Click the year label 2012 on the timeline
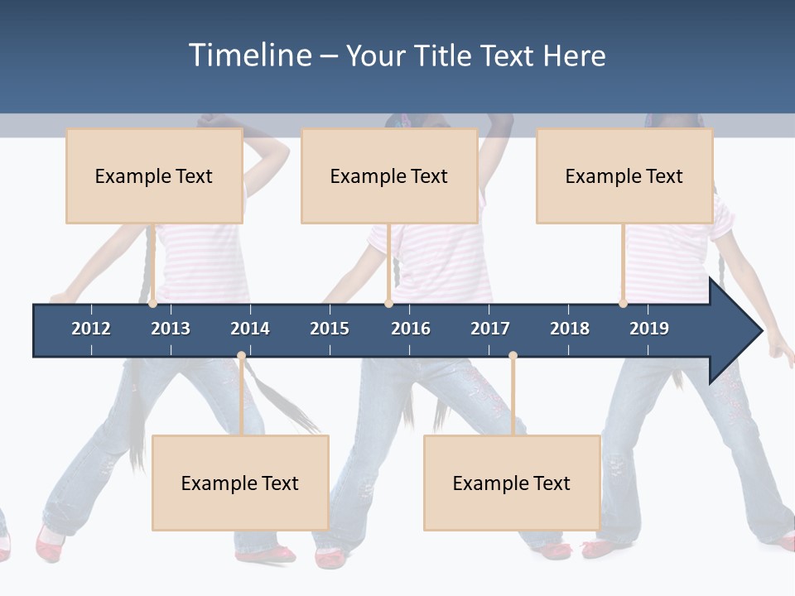[91, 329]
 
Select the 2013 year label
[171, 329]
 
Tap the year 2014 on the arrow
[250, 329]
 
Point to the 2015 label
[330, 329]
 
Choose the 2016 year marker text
[411, 329]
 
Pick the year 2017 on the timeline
[490, 329]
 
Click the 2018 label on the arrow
[570, 329]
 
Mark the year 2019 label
[649, 329]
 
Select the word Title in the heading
[445, 55]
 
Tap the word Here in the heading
[574, 55]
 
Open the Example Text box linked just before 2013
[154, 175]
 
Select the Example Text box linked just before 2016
[389, 175]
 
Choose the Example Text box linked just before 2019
[624, 175]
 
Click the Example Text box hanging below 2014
[240, 483]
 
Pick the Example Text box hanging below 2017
[512, 483]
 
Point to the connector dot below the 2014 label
[241, 356]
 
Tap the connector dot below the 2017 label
[513, 356]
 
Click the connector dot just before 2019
[623, 303]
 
